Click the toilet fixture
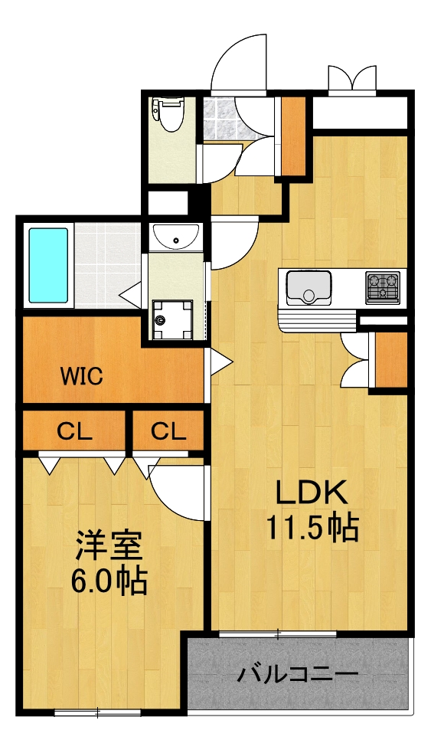coord(169,113)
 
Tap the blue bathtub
coord(48,265)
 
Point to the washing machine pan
coord(169,316)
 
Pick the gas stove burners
coord(384,286)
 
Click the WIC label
coord(82,377)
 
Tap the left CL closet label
coord(74,432)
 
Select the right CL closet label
coord(168,432)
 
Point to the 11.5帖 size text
coord(312,527)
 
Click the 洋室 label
coord(108,548)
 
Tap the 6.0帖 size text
coord(109,582)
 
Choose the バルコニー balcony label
coord(298,675)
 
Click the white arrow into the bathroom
coord(129,292)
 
